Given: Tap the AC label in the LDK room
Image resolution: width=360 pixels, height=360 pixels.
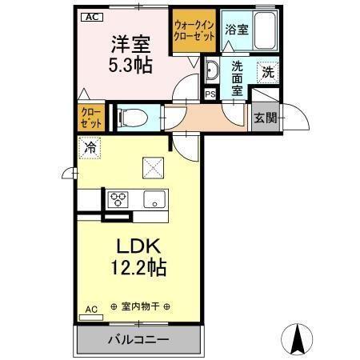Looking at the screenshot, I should coord(90,309).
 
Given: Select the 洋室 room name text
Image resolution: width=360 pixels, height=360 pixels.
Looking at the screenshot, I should coord(127,42).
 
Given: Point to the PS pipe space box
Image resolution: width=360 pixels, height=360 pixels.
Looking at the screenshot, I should coord(210,94).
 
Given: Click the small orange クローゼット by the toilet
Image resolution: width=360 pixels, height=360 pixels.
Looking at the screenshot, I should coord(90,118).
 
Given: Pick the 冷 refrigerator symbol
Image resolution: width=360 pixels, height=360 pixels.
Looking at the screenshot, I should coord(90,148).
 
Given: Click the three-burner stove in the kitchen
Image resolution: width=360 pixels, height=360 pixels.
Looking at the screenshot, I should coord(119,198).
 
